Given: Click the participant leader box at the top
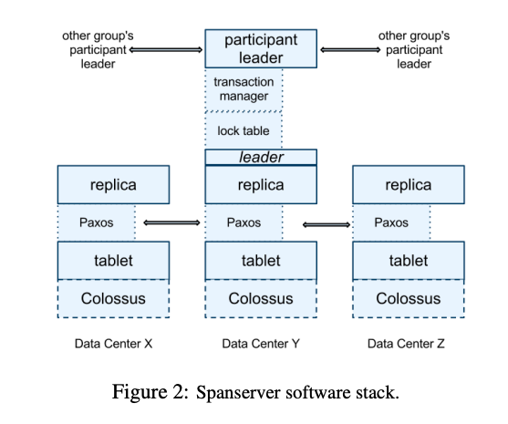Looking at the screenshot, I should [x=261, y=49].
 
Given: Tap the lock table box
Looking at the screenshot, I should [x=243, y=131].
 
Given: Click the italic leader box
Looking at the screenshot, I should [x=261, y=158].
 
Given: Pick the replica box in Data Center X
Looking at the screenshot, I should [x=113, y=185].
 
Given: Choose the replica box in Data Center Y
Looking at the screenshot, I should [x=261, y=185].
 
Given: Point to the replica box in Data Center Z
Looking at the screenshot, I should [x=408, y=185].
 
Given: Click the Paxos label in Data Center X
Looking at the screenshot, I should [x=96, y=222].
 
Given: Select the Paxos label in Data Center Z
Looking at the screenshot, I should [x=392, y=222].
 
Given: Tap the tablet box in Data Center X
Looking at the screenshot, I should [x=113, y=261].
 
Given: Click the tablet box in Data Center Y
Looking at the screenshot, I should [x=261, y=261].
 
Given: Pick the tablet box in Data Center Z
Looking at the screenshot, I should [x=408, y=261].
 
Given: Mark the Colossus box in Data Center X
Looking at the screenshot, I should [x=113, y=299].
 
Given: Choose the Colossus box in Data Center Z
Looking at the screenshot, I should [x=408, y=299].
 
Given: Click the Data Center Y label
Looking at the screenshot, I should [x=262, y=344].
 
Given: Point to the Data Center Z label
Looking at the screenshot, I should [x=408, y=344].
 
